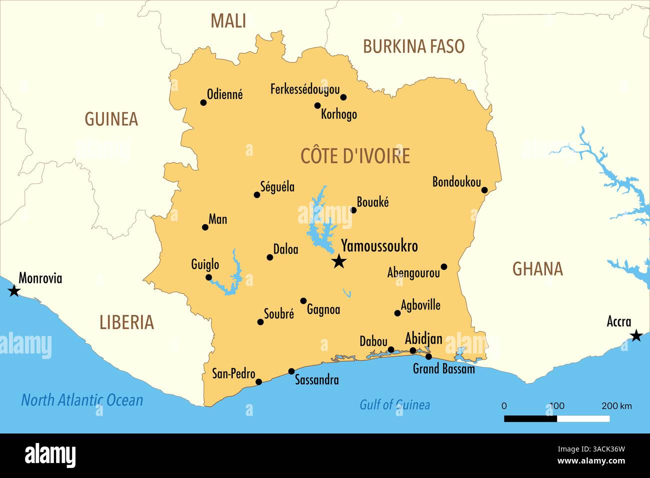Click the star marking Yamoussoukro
click(x=339, y=260)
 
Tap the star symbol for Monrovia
click(x=14, y=290)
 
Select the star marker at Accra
click(x=635, y=335)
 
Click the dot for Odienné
click(x=203, y=102)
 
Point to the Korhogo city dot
click(x=317, y=105)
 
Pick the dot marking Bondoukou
click(x=484, y=190)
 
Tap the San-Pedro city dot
click(x=258, y=382)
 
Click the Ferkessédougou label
click(x=304, y=89)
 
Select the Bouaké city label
click(x=372, y=202)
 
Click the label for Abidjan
click(x=423, y=338)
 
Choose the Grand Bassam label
click(x=443, y=369)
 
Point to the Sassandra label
click(x=316, y=380)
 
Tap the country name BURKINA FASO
click(x=413, y=46)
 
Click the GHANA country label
click(x=537, y=269)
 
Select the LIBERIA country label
click(x=126, y=322)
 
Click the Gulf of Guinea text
click(x=394, y=404)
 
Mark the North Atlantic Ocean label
click(x=82, y=400)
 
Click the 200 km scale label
click(x=616, y=405)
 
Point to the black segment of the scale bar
click(x=530, y=418)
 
